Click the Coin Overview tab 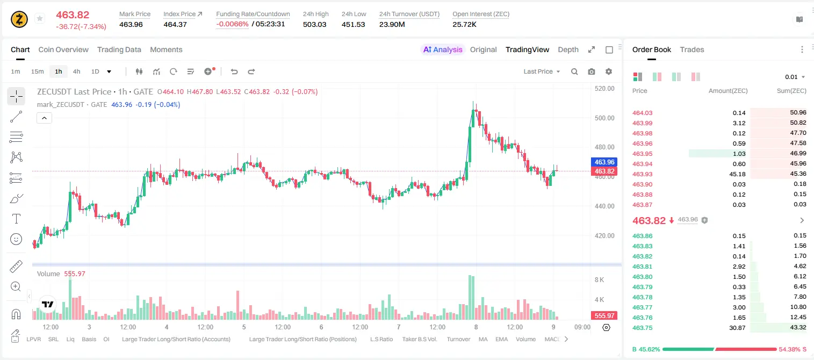[x=63, y=49]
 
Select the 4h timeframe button [x=76, y=71]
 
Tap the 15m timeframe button [x=37, y=71]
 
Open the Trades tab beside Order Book [x=692, y=49]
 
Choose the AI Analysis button [x=443, y=49]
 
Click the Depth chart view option [x=568, y=49]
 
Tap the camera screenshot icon [x=592, y=71]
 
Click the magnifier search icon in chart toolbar [x=574, y=71]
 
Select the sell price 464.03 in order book [x=642, y=113]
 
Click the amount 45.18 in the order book [x=737, y=174]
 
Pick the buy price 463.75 [x=642, y=328]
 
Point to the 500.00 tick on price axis [x=604, y=118]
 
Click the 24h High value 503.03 [x=314, y=24]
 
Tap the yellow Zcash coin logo [x=19, y=19]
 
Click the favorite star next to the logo [x=40, y=18]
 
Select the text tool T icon [x=16, y=219]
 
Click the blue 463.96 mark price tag [x=604, y=162]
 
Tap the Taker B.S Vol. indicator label [x=419, y=339]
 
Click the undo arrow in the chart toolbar [x=234, y=71]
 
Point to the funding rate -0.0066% [x=232, y=24]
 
